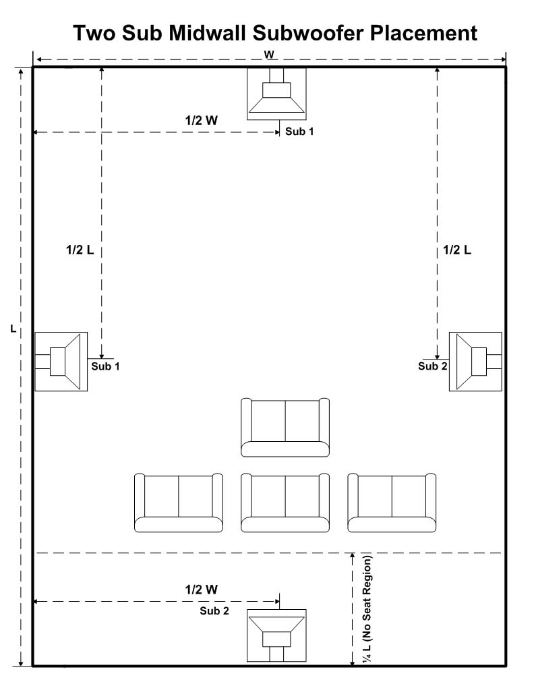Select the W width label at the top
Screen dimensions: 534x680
pyautogui.click(x=269, y=55)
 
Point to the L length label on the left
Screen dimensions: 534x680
pyautogui.click(x=13, y=329)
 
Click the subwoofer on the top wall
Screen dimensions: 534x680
pyautogui.click(x=276, y=94)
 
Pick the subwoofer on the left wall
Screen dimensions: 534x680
pyautogui.click(x=61, y=362)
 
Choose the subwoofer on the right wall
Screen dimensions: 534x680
pyautogui.click(x=475, y=362)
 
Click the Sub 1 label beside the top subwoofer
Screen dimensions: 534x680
pyautogui.click(x=299, y=132)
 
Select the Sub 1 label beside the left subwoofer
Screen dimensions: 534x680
pyautogui.click(x=105, y=366)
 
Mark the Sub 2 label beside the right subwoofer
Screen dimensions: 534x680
pyautogui.click(x=433, y=366)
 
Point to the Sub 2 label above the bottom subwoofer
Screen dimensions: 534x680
pyautogui.click(x=214, y=611)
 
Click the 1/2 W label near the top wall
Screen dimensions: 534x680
pyautogui.click(x=202, y=120)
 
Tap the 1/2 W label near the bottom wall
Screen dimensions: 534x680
pyautogui.click(x=202, y=590)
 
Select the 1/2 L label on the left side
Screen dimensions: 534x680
pyautogui.click(x=80, y=250)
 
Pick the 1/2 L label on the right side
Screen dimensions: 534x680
pyautogui.click(x=457, y=250)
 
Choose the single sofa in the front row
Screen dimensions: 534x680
pyautogui.click(x=285, y=428)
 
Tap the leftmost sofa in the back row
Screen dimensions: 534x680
pyautogui.click(x=179, y=503)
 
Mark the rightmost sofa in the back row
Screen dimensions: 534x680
pyautogui.click(x=392, y=503)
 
